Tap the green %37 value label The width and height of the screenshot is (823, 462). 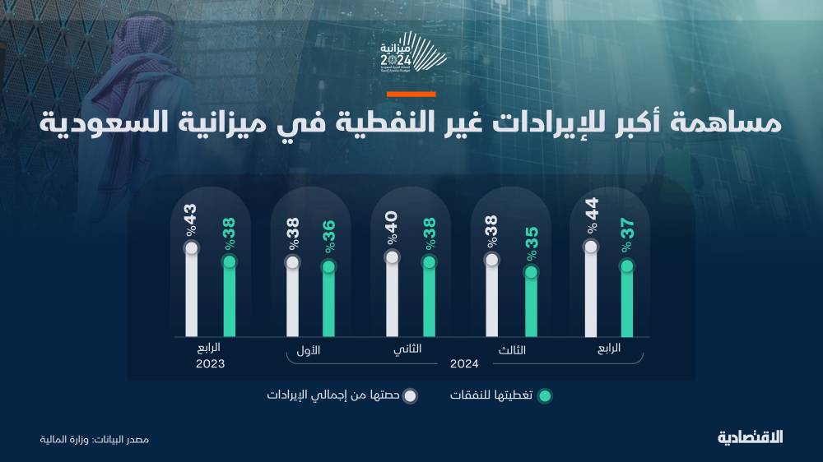tap(627, 238)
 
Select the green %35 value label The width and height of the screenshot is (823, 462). tap(531, 245)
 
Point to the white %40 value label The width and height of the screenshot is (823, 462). tap(392, 228)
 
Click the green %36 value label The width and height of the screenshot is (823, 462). tap(328, 238)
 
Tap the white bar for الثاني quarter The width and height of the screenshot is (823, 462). tap(392, 296)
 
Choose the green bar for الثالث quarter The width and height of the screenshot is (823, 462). tap(531, 303)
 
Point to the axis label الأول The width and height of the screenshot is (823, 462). tap(307, 350)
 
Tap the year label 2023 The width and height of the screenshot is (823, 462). tap(210, 363)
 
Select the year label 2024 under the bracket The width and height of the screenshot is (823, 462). tap(464, 363)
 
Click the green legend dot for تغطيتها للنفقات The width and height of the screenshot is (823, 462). tap(544, 395)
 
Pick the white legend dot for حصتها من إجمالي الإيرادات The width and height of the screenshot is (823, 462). tap(410, 395)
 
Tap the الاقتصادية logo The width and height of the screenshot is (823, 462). tap(750, 437)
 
